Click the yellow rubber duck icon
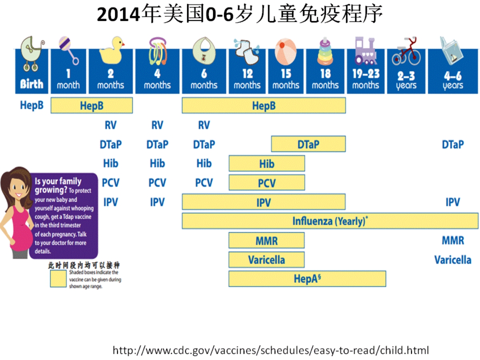(x=112, y=50)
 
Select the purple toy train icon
(x=366, y=51)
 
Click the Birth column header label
(x=32, y=84)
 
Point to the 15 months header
(x=286, y=79)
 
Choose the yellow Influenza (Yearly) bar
(x=330, y=221)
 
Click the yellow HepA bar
(x=307, y=279)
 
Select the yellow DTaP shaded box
(x=308, y=144)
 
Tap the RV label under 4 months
(x=157, y=125)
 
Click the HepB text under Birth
(x=32, y=105)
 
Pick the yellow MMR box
(x=266, y=240)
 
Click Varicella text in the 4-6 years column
(x=453, y=260)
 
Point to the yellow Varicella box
(x=266, y=260)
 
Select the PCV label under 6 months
(x=204, y=183)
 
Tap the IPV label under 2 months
(x=111, y=202)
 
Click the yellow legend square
(x=58, y=279)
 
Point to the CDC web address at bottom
(x=271, y=350)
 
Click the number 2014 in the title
(x=118, y=15)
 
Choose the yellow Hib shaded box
(x=267, y=164)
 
